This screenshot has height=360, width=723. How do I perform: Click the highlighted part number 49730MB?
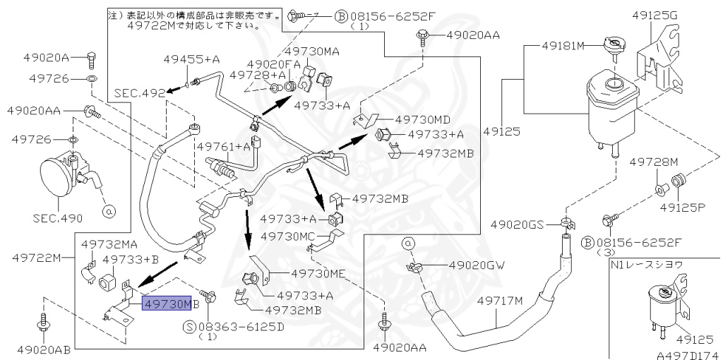[167, 304]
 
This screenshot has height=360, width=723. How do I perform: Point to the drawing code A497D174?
[689, 355]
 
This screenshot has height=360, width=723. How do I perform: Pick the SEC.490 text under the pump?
[58, 218]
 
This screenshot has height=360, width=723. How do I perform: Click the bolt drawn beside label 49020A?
[91, 58]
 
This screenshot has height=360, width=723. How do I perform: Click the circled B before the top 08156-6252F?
[340, 17]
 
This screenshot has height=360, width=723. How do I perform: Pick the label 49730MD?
[422, 120]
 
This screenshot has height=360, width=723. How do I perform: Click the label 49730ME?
[318, 274]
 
